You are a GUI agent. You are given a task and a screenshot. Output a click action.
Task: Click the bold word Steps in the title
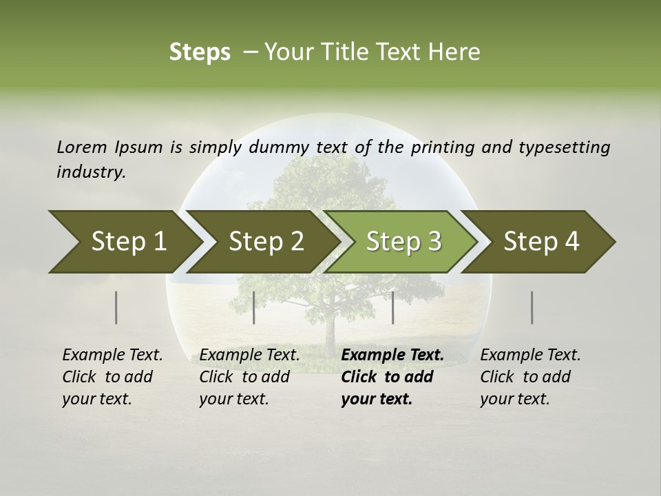point(200,52)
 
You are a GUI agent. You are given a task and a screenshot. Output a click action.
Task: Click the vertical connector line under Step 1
point(116,307)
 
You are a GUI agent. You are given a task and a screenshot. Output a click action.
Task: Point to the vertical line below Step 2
point(254,307)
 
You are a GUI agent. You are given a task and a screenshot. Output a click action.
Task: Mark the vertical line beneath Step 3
point(392,307)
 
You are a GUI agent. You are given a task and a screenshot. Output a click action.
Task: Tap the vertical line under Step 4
point(532,307)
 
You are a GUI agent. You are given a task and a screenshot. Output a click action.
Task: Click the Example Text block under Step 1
point(112,377)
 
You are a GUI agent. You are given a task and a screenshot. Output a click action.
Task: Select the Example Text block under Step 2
point(249,377)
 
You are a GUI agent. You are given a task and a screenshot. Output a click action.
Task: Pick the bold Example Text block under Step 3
point(392,377)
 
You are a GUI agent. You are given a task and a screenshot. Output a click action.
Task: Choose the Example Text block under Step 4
point(530,377)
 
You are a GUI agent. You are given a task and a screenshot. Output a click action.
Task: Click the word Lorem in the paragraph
point(81,147)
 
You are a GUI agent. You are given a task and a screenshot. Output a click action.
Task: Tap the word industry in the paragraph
point(90,172)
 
